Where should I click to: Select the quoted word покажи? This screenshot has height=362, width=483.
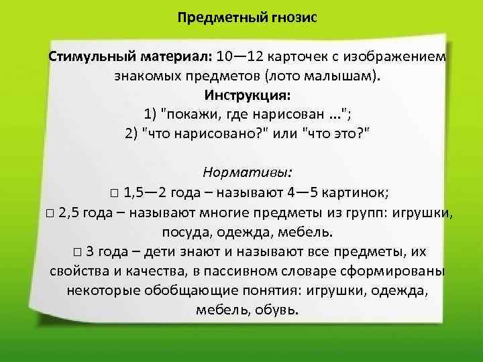pyautogui.click(x=197, y=112)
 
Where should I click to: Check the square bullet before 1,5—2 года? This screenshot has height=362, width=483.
pyautogui.click(x=115, y=195)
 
